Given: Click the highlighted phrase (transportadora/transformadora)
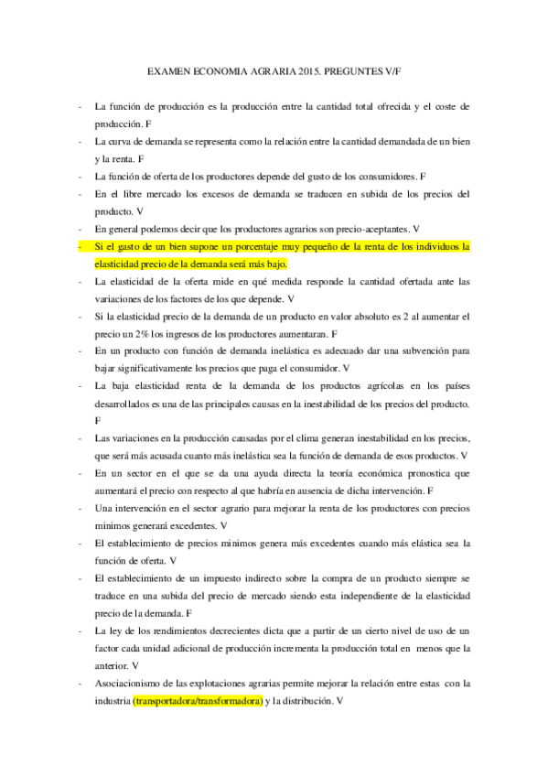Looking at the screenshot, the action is pyautogui.click(x=198, y=700).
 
